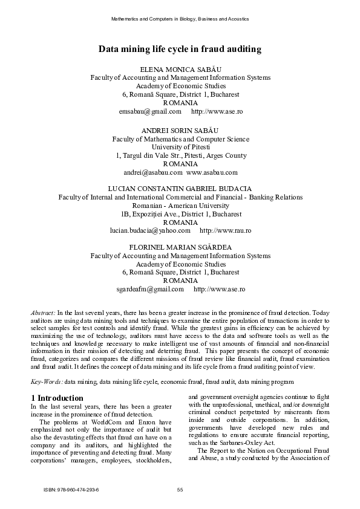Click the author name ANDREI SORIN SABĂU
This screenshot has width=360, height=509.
(180, 130)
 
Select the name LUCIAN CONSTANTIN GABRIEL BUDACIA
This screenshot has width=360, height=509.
(180, 189)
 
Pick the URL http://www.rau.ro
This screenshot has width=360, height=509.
(225, 231)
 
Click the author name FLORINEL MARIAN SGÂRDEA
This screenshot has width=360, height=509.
(180, 247)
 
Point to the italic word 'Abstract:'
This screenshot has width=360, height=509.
(44, 312)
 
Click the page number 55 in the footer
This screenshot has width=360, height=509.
(180, 489)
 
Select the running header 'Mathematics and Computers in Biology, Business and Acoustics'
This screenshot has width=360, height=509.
(180, 19)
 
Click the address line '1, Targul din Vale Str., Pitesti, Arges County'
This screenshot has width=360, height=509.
(180, 155)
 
